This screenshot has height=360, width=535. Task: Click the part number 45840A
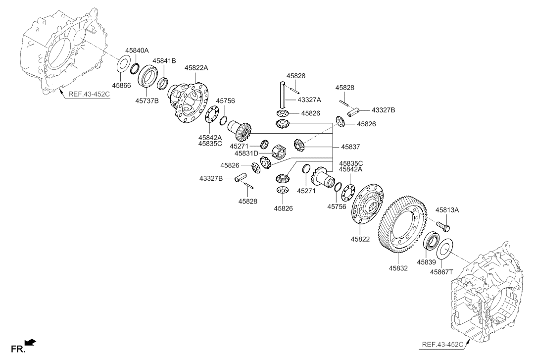point(137,51)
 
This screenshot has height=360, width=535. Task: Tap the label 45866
point(121,85)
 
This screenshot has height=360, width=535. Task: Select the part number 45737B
point(146,101)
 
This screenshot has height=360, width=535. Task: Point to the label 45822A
point(196,67)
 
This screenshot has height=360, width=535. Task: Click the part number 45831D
point(246,154)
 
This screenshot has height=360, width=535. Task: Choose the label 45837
point(350,147)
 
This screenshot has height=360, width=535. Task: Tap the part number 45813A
point(447,210)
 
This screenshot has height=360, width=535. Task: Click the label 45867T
point(441,272)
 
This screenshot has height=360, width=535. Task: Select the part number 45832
point(398,268)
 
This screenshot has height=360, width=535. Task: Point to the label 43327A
point(309,100)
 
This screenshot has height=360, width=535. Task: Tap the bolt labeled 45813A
point(443,225)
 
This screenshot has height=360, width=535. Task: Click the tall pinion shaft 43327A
point(283,95)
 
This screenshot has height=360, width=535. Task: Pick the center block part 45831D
point(279,152)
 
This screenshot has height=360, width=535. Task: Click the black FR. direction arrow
point(31,342)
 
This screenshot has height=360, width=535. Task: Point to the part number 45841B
point(164,61)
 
